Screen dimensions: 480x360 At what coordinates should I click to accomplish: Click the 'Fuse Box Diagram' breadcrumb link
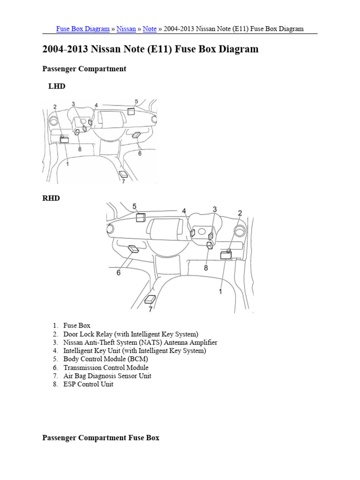coord(82,29)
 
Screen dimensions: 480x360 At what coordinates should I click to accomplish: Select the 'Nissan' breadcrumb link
coord(126,29)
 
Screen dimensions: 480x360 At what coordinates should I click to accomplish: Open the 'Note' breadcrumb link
coord(150,29)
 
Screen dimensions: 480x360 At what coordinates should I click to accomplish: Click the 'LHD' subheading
coord(57,86)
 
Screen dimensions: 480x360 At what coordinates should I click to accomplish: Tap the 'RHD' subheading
coord(51,198)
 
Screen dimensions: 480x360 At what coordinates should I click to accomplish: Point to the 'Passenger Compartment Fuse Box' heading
coord(101,438)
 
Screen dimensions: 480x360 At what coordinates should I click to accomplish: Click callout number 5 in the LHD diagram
coord(136,101)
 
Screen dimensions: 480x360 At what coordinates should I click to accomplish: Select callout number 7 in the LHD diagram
coord(123,182)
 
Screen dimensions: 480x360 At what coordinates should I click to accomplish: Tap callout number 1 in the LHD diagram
coord(67,164)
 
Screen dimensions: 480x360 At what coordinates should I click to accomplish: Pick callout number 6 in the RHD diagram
coord(119,272)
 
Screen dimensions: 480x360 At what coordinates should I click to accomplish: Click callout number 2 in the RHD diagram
coord(240,213)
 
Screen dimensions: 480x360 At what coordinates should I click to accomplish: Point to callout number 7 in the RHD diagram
coord(150,309)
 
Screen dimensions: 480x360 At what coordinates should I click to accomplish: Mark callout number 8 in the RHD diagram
coord(205,268)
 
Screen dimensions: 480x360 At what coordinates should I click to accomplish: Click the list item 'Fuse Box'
coord(77,325)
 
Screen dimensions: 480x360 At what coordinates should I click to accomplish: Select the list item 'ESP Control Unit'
coord(88,384)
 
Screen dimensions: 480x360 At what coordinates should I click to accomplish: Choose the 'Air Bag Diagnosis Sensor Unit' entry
coord(107,376)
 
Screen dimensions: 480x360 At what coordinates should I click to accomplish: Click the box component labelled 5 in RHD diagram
coord(140,217)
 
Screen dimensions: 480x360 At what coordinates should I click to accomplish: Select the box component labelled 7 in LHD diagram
coord(123,174)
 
